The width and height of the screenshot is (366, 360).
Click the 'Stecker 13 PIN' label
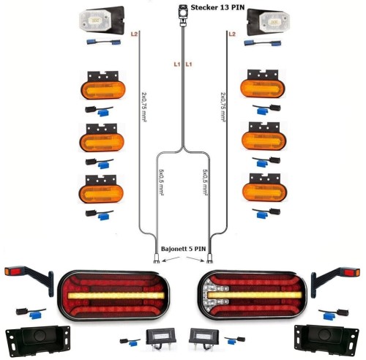(217, 7)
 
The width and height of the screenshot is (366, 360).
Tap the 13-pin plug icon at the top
(183, 15)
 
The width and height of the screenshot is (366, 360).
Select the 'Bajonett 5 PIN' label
(183, 249)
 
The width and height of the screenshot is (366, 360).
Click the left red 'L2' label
(134, 34)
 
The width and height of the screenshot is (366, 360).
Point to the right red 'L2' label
(232, 34)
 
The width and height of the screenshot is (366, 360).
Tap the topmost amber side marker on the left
(102, 86)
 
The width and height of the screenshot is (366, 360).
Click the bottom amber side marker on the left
(101, 189)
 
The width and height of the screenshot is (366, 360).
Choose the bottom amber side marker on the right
(264, 187)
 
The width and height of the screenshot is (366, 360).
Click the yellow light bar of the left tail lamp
(116, 296)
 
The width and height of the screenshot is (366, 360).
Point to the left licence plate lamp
(160, 338)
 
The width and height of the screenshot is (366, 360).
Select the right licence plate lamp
(203, 338)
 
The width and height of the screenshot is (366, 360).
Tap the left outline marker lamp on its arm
(29, 279)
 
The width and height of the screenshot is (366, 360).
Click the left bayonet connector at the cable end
(157, 258)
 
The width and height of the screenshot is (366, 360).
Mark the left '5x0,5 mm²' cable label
(161, 182)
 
